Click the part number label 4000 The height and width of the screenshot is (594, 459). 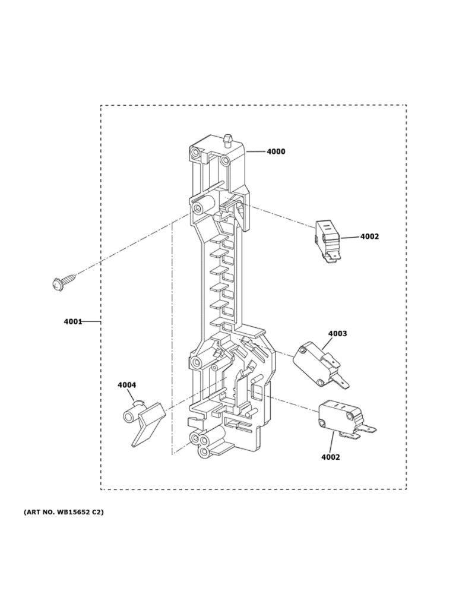pyautogui.click(x=276, y=151)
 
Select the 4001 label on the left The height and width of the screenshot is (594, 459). pyautogui.click(x=72, y=322)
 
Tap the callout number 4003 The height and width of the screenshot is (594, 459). pyautogui.click(x=337, y=334)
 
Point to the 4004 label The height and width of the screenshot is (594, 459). pyautogui.click(x=126, y=386)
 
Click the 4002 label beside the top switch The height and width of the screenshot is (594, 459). pyautogui.click(x=369, y=236)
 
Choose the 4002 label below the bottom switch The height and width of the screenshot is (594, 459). pyautogui.click(x=331, y=457)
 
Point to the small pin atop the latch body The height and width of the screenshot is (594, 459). pyautogui.click(x=227, y=141)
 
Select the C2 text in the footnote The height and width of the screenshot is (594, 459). pyautogui.click(x=97, y=511)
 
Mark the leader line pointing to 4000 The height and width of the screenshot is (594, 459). pyautogui.click(x=255, y=151)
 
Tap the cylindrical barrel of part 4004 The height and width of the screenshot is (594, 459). pyautogui.click(x=129, y=415)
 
